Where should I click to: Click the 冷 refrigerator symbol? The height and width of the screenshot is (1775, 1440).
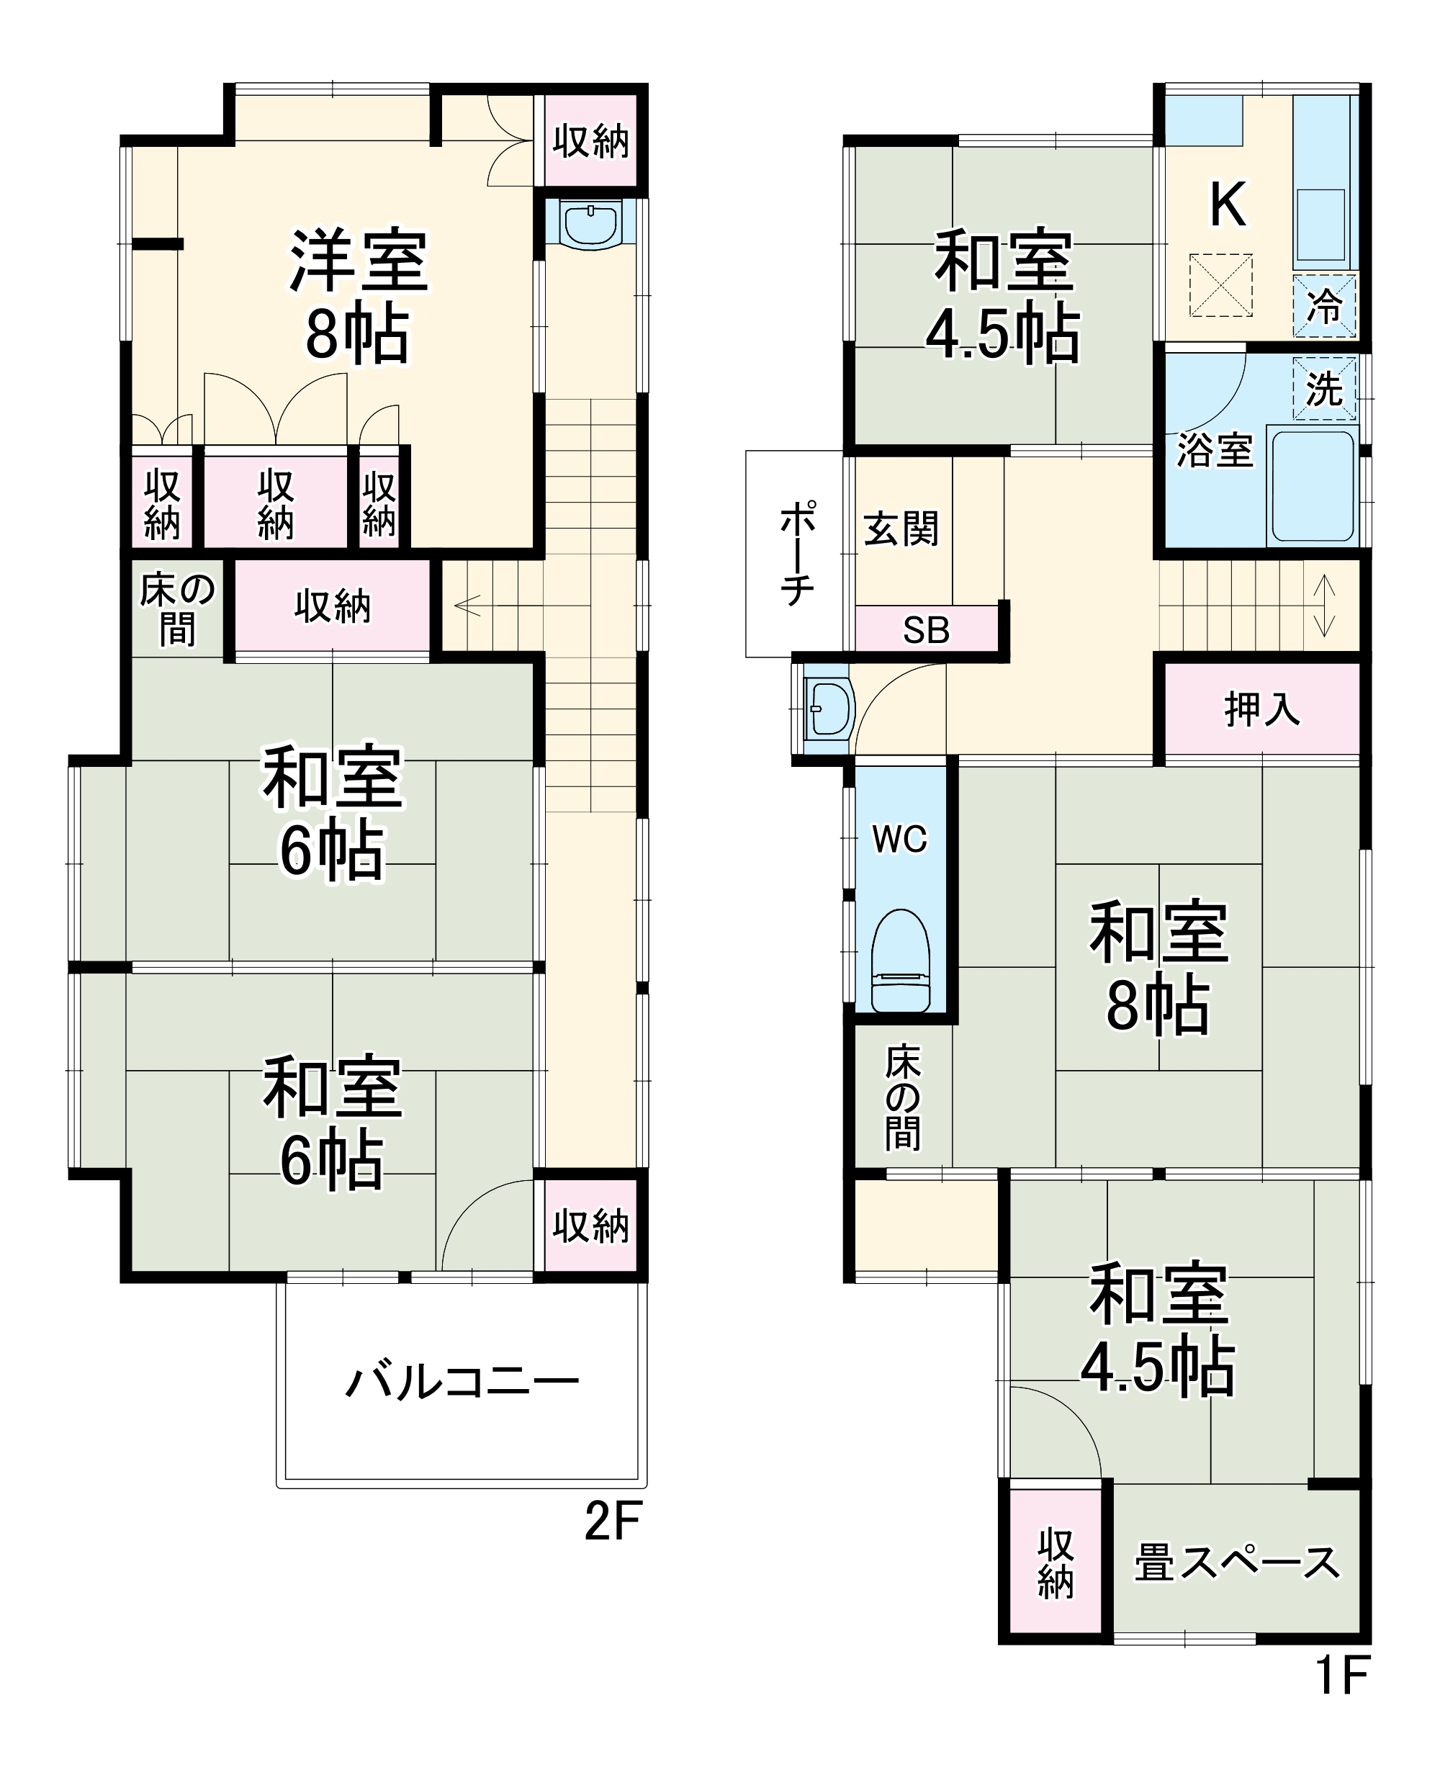[x=1324, y=307]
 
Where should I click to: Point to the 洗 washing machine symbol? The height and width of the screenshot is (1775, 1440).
[x=1324, y=388]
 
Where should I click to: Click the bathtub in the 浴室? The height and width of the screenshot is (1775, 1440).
[x=1313, y=485]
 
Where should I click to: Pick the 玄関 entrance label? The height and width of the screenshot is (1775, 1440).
[x=901, y=529]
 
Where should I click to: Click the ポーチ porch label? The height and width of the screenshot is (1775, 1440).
[x=796, y=553]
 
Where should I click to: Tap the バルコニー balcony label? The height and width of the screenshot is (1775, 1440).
[x=462, y=1383]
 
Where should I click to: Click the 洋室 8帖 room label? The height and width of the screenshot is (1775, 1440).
[x=358, y=296]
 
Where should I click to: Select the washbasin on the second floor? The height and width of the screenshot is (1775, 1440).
[x=590, y=224]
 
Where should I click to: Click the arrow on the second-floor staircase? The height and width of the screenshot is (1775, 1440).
[x=467, y=606]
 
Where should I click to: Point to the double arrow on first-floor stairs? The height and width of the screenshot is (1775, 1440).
[x=1325, y=606]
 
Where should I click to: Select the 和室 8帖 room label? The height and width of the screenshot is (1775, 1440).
[x=1158, y=969]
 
